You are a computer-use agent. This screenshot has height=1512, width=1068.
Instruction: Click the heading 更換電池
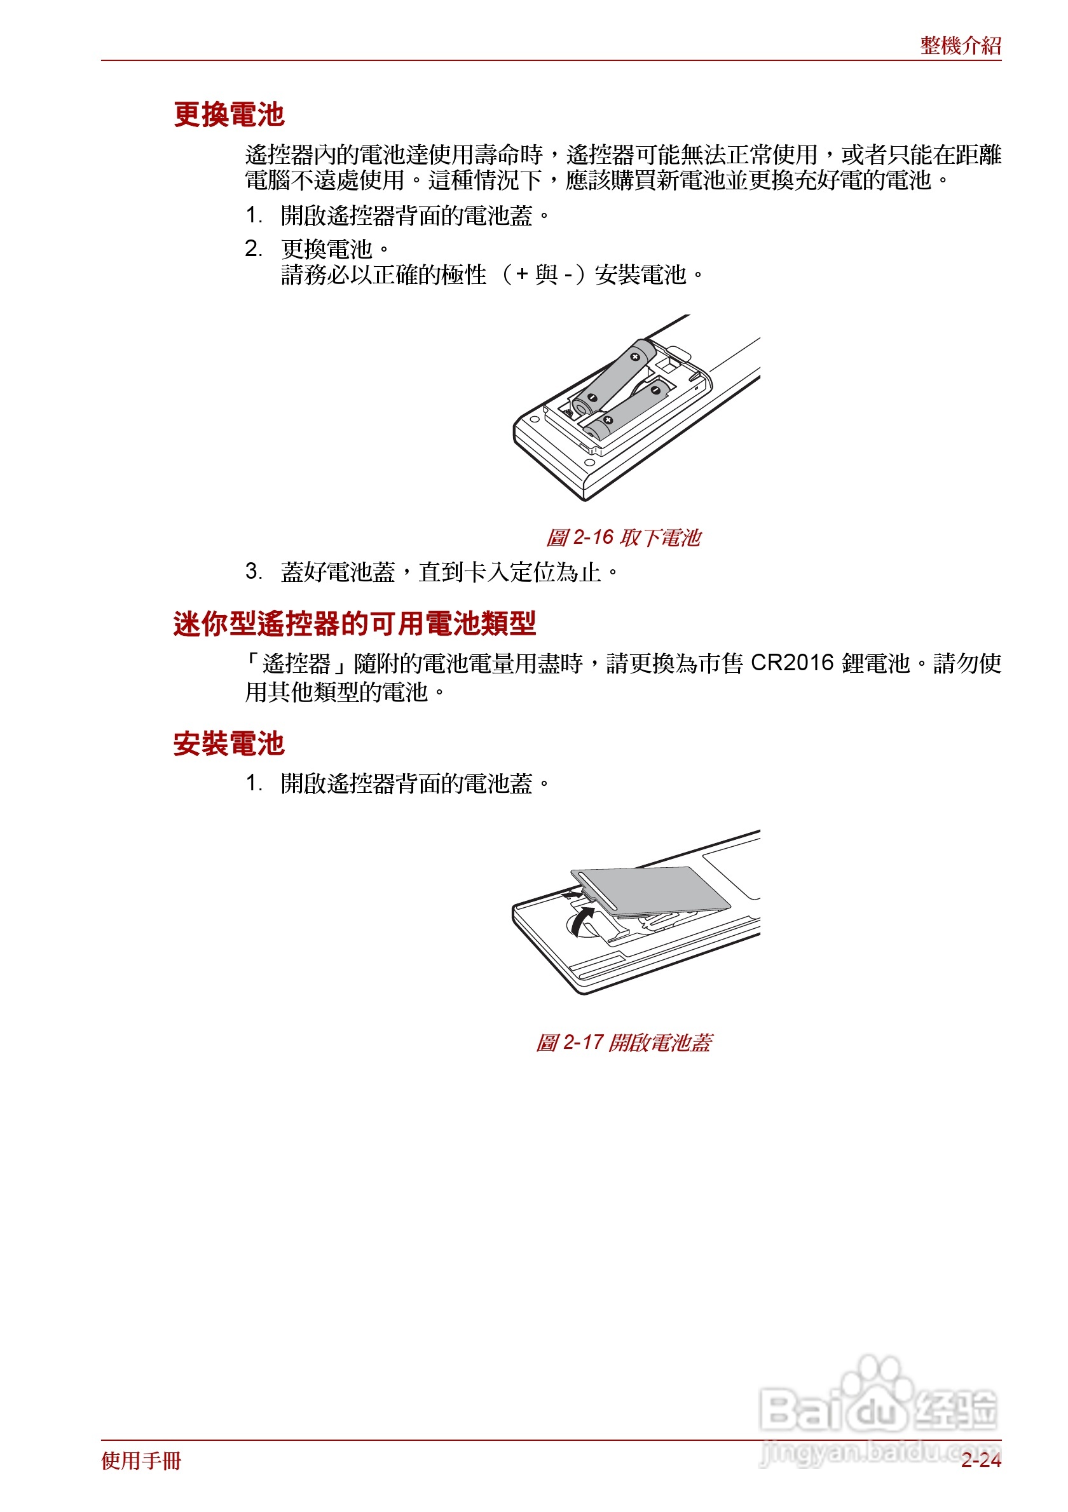(x=229, y=114)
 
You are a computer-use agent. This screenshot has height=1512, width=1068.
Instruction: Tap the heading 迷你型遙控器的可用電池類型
(x=355, y=623)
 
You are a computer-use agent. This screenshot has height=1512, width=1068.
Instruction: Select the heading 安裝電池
(x=229, y=743)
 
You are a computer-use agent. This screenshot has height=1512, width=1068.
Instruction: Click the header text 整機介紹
(x=960, y=46)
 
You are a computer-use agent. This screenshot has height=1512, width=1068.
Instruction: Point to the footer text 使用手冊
(x=141, y=1461)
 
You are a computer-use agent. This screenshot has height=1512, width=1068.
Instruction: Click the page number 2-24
(x=980, y=1461)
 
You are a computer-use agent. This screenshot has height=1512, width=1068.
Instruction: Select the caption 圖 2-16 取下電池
(x=622, y=537)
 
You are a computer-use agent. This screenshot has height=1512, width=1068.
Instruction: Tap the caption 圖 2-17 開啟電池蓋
(x=622, y=1043)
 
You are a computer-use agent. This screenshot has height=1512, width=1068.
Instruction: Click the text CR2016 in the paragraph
(x=792, y=663)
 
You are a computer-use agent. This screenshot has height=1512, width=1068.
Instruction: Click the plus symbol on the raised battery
(x=635, y=357)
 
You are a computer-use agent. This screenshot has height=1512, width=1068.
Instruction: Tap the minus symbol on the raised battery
(x=592, y=398)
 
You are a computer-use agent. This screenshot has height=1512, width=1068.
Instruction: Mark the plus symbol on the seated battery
(x=608, y=420)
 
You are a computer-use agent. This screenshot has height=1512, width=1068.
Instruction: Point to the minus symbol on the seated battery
(x=655, y=391)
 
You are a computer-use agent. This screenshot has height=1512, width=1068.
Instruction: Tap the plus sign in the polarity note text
(x=522, y=274)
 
